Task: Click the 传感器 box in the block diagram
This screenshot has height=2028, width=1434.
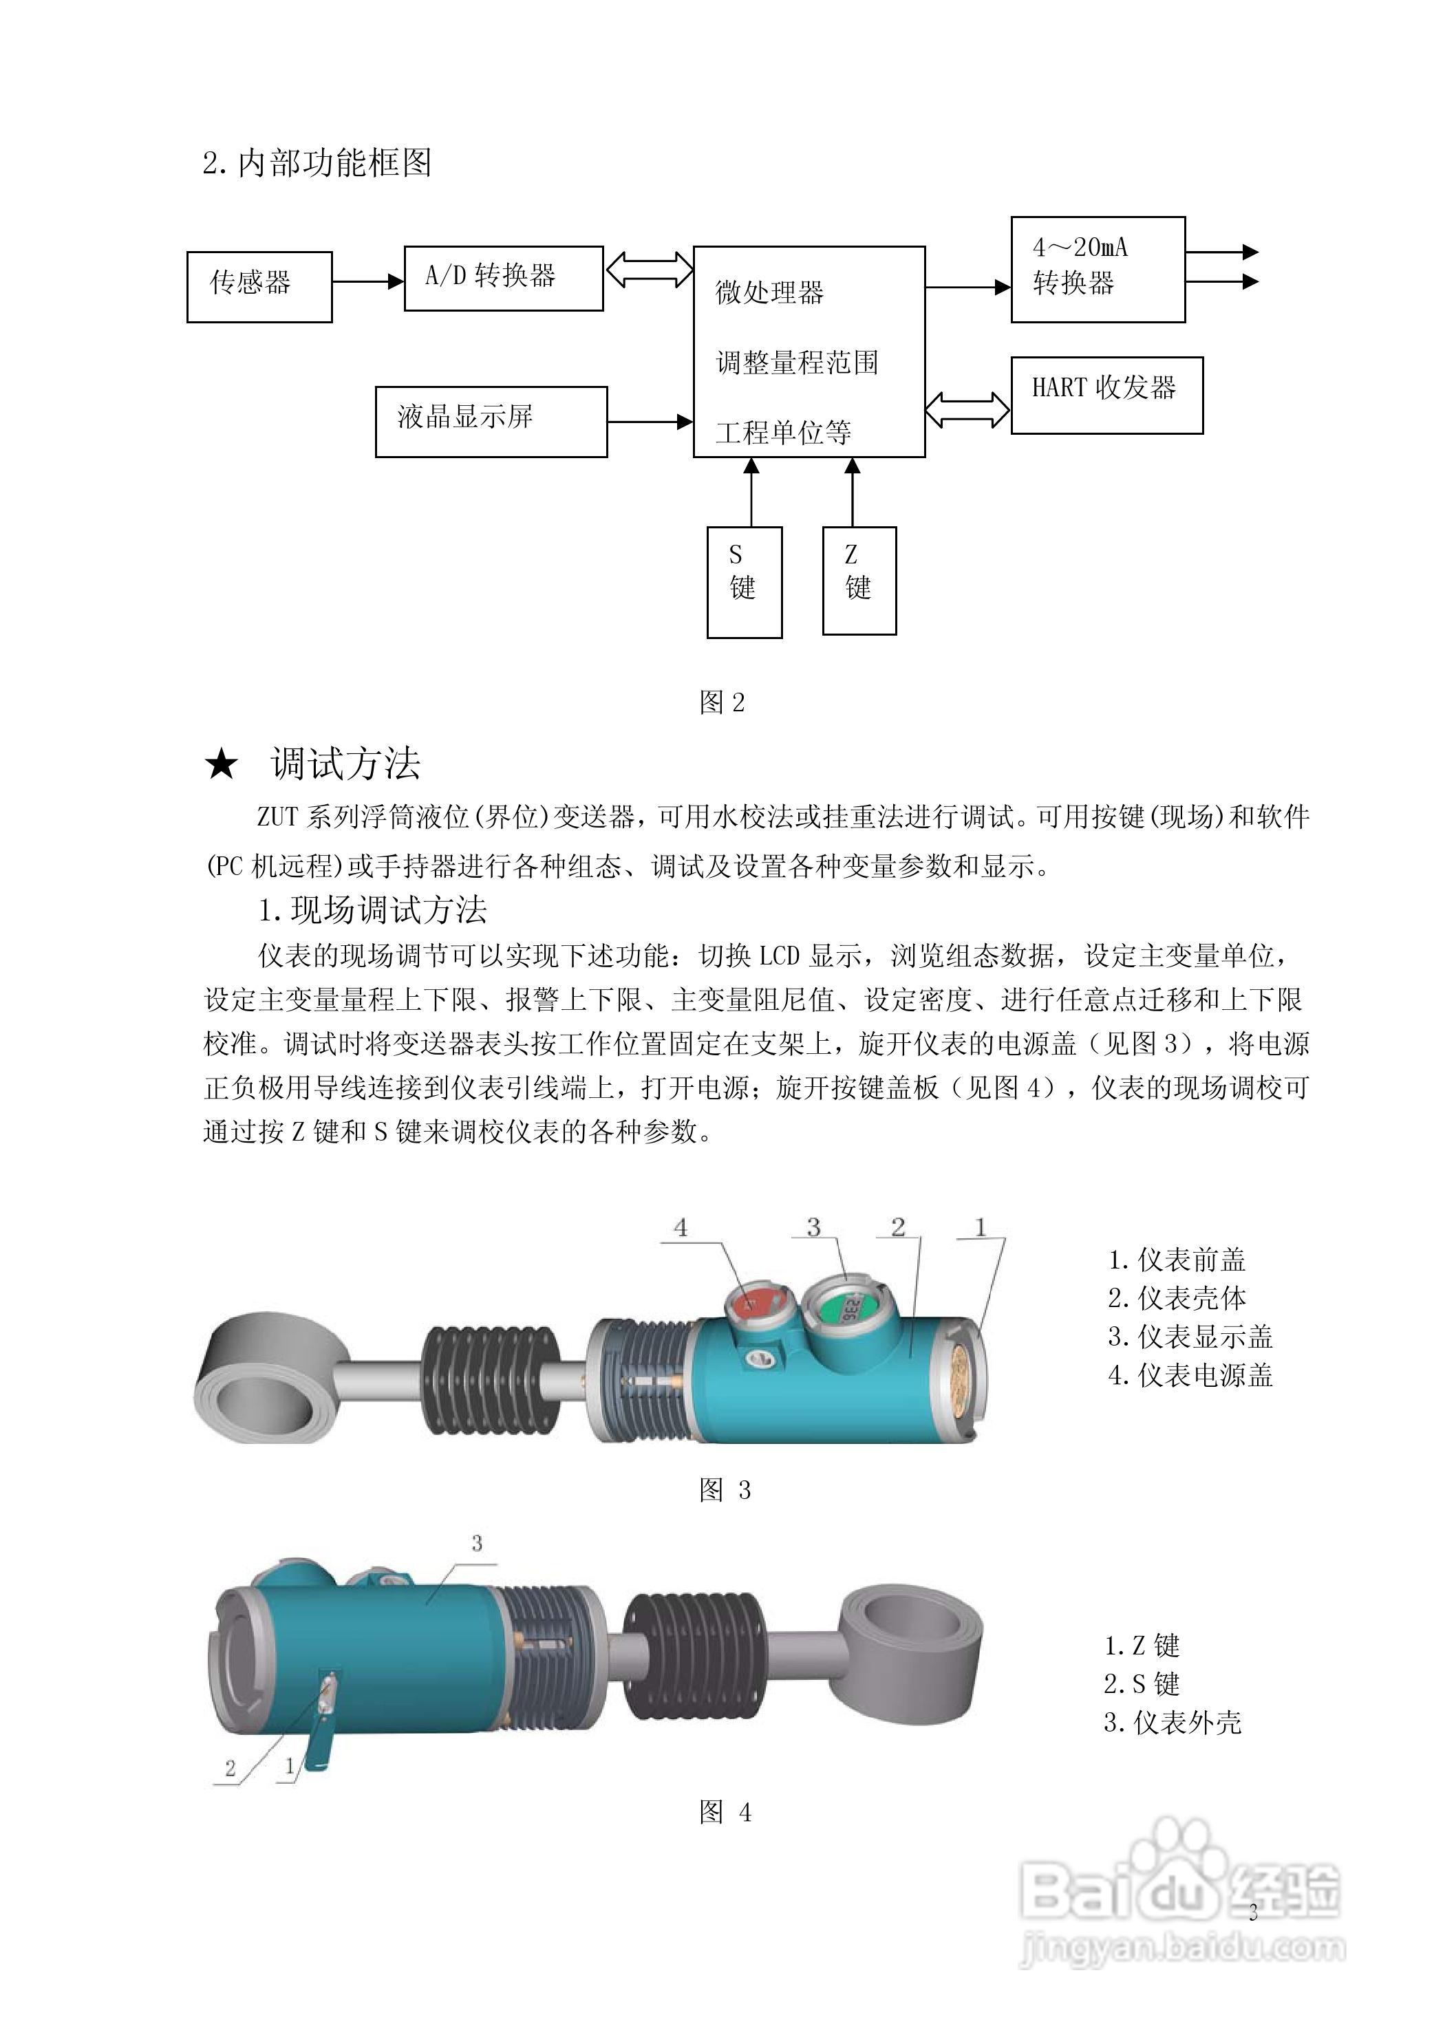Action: pos(259,286)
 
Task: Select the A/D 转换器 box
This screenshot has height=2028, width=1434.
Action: pos(504,278)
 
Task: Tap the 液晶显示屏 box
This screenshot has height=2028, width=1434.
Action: pos(491,421)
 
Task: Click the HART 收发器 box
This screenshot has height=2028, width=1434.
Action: pos(1106,395)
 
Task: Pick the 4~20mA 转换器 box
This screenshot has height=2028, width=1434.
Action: pos(1098,268)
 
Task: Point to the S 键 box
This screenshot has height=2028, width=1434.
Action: pos(744,581)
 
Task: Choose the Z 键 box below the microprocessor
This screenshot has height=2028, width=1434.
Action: pos(859,581)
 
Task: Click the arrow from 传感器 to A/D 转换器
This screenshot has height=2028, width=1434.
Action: pos(367,282)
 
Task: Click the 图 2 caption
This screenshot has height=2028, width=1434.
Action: pos(722,702)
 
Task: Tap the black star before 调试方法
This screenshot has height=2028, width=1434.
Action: pos(221,764)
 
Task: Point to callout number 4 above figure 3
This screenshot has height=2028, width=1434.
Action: pos(681,1227)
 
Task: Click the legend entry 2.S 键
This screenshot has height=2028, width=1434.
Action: pos(1142,1683)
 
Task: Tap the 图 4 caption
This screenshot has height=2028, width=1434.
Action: pos(725,1813)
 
